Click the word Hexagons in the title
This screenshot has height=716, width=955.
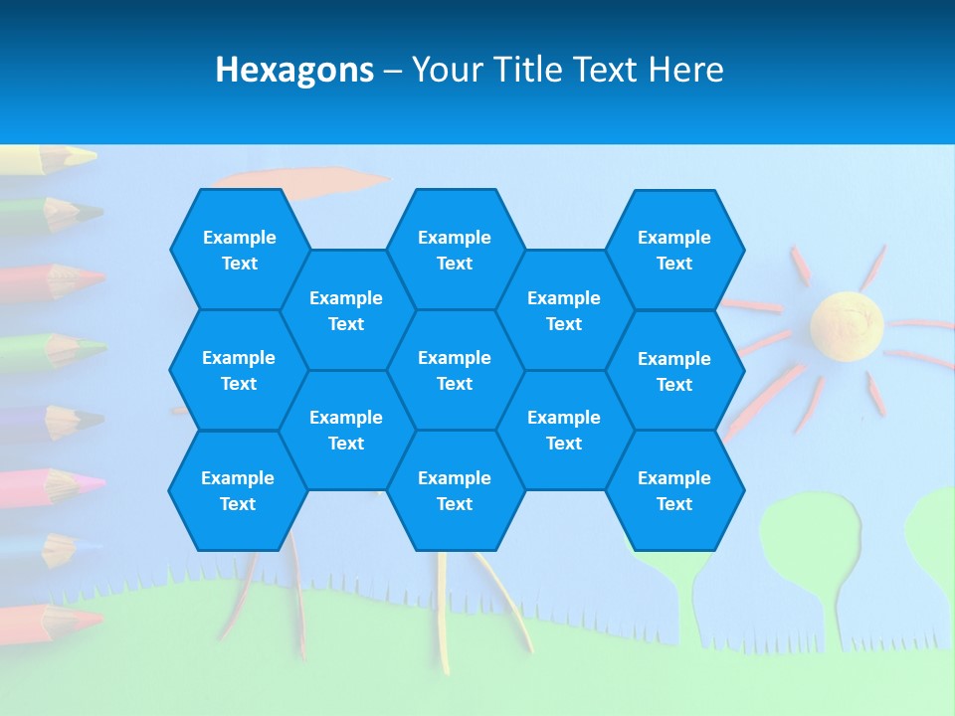(x=294, y=70)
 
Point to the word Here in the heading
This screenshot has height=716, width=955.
(x=685, y=70)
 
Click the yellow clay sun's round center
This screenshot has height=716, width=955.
(x=846, y=323)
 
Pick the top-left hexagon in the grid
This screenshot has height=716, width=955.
(x=239, y=250)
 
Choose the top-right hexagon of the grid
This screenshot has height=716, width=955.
(x=674, y=250)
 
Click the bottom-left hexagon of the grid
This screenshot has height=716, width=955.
(x=238, y=490)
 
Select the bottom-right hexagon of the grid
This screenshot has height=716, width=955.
(x=674, y=490)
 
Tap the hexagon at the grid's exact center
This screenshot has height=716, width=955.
(x=455, y=370)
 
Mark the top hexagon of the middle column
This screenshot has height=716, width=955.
(x=455, y=250)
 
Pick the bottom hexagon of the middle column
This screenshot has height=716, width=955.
(x=455, y=490)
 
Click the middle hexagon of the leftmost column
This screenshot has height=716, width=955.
(x=239, y=370)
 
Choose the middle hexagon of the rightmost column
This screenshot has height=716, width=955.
(x=674, y=371)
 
